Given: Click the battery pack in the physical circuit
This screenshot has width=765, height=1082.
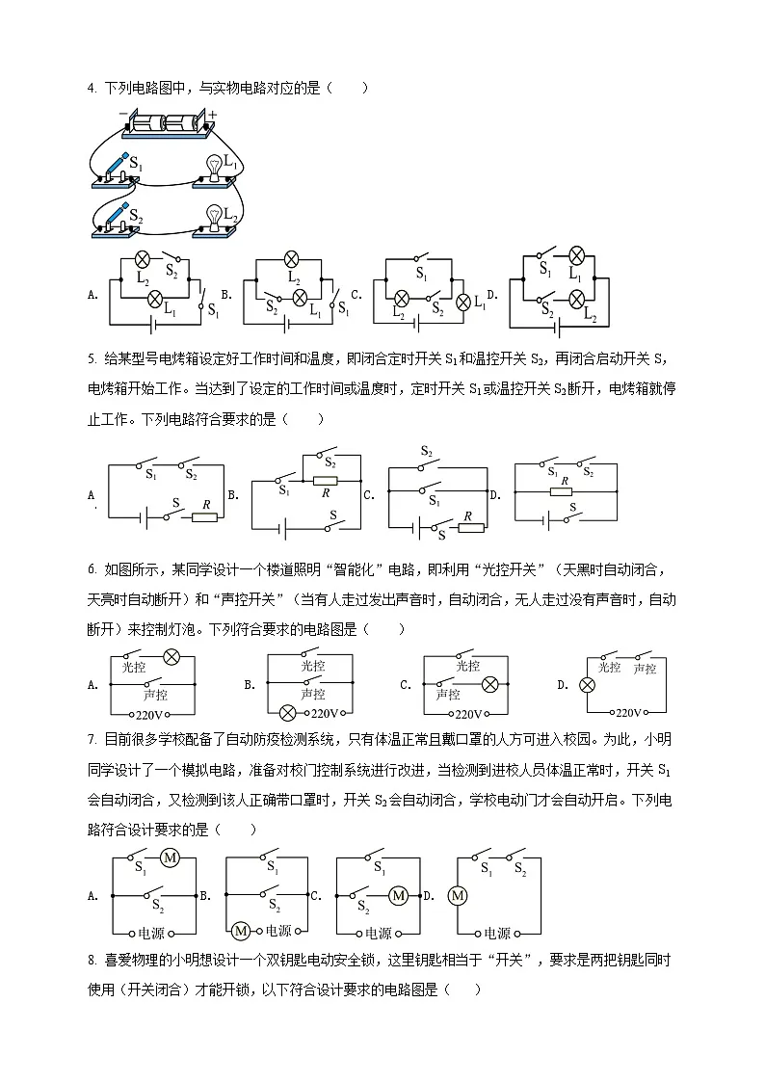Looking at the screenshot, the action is [167, 122].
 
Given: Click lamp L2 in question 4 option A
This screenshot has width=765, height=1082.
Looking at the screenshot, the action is [143, 259].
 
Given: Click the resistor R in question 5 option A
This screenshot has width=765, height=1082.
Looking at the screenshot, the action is [205, 516].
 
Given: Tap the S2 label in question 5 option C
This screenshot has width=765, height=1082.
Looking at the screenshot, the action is [427, 451].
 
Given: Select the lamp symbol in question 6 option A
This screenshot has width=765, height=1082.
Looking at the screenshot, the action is [171, 657].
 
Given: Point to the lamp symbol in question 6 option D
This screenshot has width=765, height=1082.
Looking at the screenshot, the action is [585, 686].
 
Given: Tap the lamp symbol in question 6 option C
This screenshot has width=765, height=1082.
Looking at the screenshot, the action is [489, 684].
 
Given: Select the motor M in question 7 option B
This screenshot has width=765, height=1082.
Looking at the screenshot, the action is [241, 930].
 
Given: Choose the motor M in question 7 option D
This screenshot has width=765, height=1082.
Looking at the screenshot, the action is [459, 896].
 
